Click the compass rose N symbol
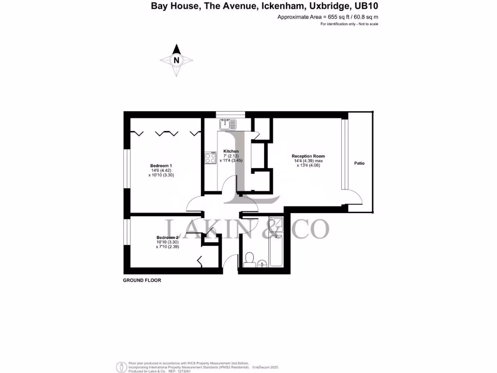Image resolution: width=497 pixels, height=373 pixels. [x=177, y=60]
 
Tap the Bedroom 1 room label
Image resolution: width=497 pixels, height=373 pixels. [x=161, y=166]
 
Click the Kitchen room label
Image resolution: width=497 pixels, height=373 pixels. [x=231, y=151]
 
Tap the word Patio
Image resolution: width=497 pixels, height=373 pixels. [x=359, y=163]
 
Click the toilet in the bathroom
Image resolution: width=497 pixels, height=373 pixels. [x=250, y=258]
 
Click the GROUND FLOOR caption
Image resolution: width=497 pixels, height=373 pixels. [x=142, y=281]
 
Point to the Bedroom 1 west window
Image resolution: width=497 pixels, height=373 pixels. [x=126, y=168]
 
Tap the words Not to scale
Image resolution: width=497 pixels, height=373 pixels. [x=368, y=24]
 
